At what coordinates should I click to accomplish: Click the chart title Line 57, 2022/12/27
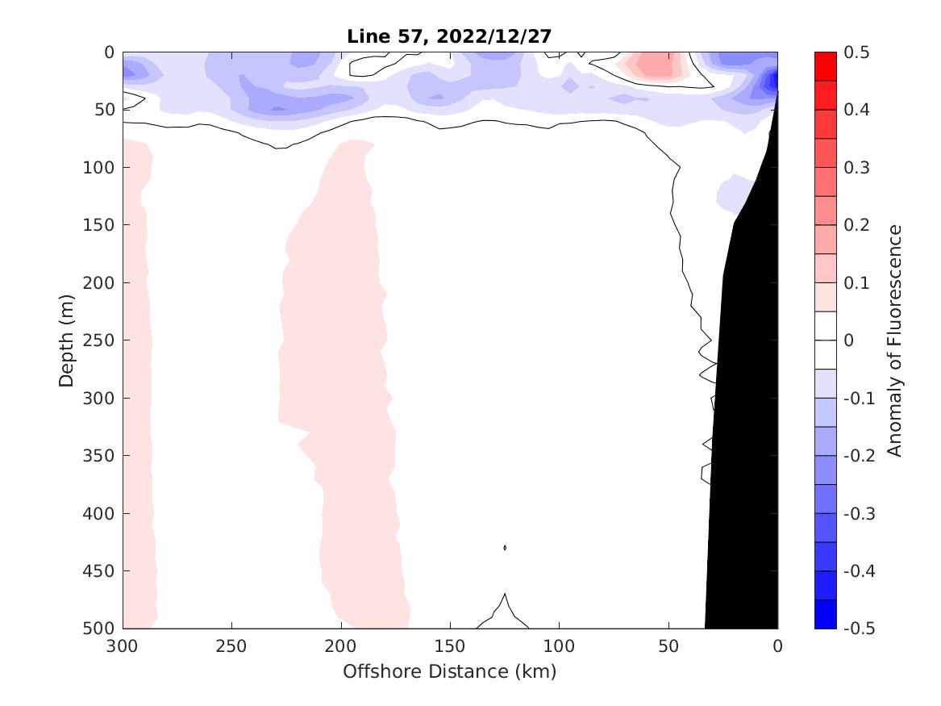[450, 36]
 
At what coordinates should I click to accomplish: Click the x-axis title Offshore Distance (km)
[450, 671]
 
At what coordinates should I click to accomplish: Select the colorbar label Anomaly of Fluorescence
[894, 340]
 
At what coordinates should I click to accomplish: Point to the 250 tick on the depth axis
[102, 340]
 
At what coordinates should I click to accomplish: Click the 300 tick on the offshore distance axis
[123, 647]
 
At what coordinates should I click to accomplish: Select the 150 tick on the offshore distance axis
[450, 647]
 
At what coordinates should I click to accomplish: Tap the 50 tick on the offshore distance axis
[668, 647]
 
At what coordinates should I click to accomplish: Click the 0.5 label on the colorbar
[856, 52]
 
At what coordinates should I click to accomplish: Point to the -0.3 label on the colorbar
[857, 513]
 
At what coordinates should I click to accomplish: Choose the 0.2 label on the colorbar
[856, 225]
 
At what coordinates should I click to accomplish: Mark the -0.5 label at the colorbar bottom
[857, 628]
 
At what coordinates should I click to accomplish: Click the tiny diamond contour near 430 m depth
[505, 548]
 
